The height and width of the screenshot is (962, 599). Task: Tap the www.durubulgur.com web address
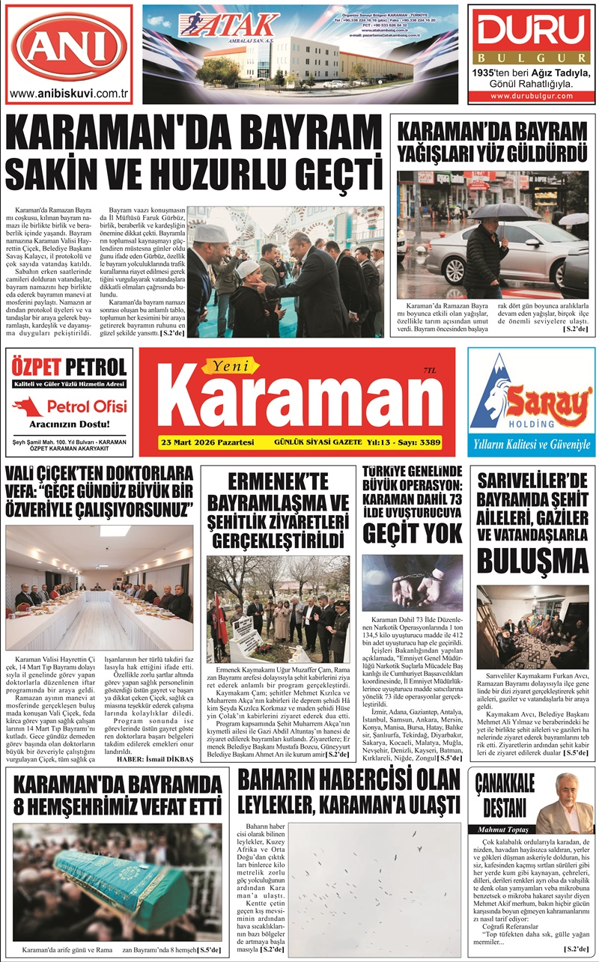532,97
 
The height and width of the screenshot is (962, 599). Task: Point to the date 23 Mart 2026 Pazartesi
207,442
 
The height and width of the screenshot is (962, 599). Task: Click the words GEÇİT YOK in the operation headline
412,533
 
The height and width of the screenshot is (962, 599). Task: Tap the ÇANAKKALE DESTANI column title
504,796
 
